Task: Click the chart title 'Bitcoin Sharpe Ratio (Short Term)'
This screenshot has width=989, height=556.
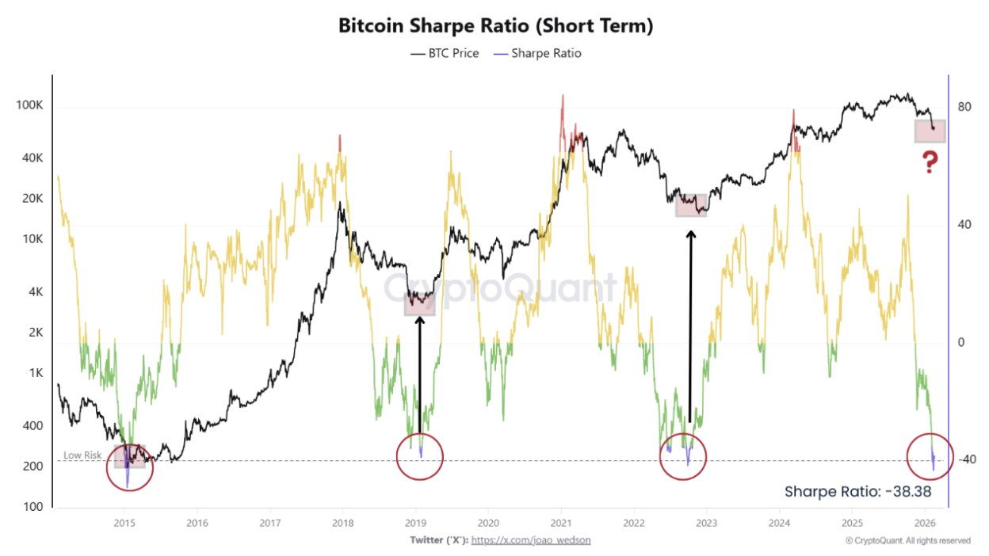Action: point(495,25)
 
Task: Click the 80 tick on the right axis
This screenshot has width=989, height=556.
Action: point(964,107)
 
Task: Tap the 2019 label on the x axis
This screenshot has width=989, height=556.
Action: point(415,523)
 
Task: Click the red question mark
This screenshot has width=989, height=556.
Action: point(930,164)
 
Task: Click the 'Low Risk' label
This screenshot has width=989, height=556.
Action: point(82,455)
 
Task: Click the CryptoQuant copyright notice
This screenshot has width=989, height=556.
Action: point(907,541)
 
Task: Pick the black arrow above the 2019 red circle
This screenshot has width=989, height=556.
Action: point(419,372)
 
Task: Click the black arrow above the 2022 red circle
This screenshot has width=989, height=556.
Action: point(690,325)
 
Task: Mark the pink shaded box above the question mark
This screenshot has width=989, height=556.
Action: point(930,131)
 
